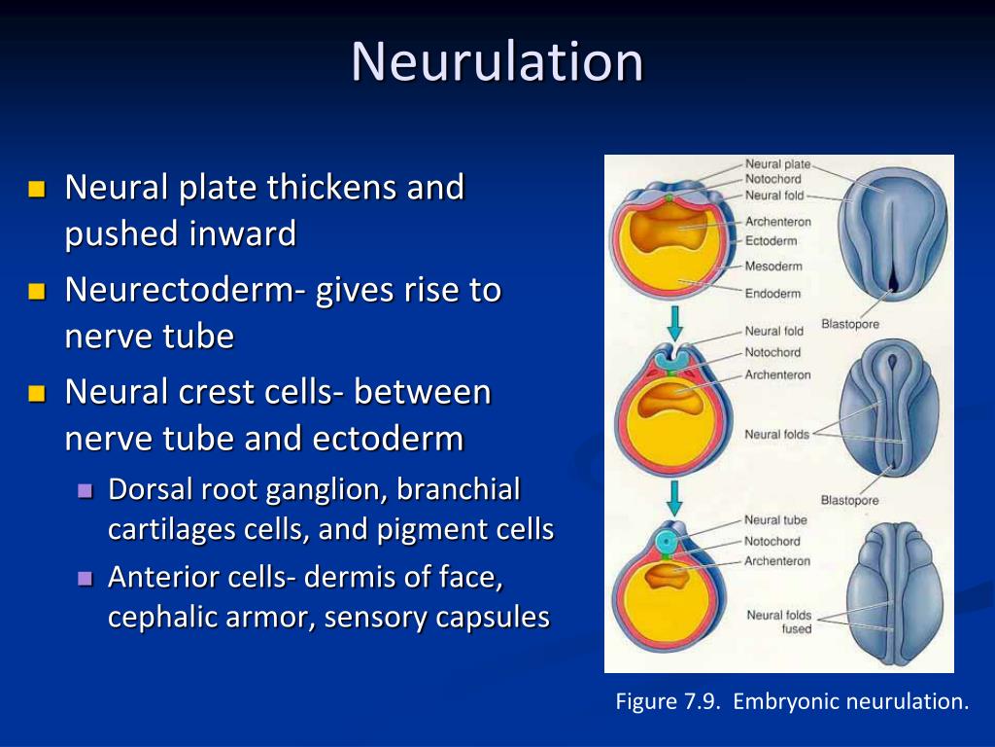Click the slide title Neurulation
[x=497, y=61]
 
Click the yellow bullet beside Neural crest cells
[x=38, y=393]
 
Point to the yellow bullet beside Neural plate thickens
[x=38, y=188]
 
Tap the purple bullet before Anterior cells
[x=85, y=578]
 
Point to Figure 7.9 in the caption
[x=668, y=701]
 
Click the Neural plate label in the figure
[x=776, y=165]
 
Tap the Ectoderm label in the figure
[x=771, y=241]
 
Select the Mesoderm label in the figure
[x=773, y=267]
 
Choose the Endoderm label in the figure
[x=772, y=293]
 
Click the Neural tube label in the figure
[x=775, y=520]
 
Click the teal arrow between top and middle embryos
[x=674, y=321]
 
